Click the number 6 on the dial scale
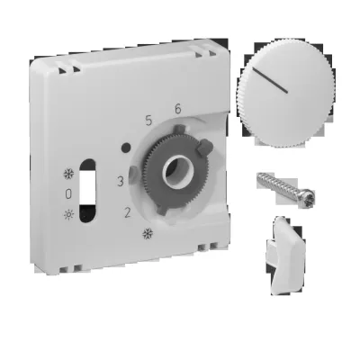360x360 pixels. (x=178, y=109)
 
